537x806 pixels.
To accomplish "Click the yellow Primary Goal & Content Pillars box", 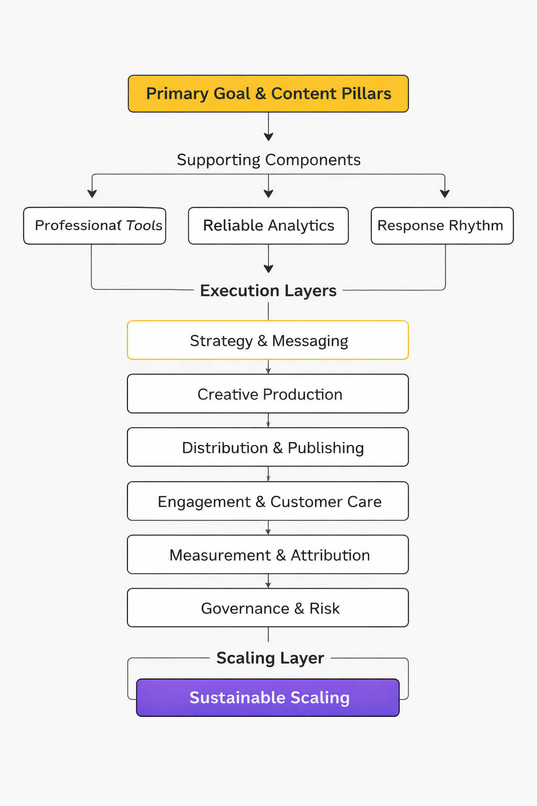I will pos(268,93).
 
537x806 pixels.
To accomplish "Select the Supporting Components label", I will pos(268,160).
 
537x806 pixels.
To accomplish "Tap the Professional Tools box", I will pos(94,226).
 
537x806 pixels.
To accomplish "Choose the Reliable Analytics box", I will pos(268,226).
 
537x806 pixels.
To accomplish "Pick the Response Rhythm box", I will pos(442,226).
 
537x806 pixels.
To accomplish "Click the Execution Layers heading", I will pos(268,291).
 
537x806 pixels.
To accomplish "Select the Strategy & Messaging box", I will pos(268,341).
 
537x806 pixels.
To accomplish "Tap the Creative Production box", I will pos(268,394).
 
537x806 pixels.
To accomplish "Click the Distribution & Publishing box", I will pos(268,448).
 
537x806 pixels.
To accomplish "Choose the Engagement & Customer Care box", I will pos(268,502).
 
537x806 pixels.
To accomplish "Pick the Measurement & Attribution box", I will pos(268,555).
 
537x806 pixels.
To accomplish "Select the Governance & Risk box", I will pos(268,608).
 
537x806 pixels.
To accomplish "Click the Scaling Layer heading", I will pos(270,658).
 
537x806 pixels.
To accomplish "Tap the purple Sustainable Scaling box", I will pos(268,698).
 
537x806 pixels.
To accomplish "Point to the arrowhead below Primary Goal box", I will pos(268,137).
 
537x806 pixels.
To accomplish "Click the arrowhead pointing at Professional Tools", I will pos(92,194).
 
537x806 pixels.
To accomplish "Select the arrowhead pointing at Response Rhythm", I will pos(445,194).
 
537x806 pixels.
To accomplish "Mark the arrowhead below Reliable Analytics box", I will pos(268,269).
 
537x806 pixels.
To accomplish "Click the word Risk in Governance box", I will pos(325,608).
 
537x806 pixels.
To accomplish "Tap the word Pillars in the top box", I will pos(366,93).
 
